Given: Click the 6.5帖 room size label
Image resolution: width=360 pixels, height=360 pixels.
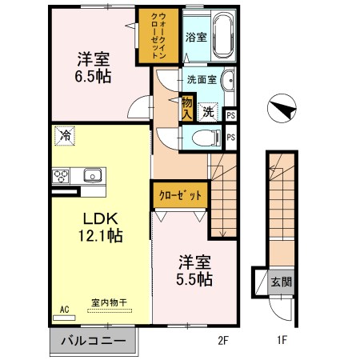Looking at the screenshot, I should point(94,77).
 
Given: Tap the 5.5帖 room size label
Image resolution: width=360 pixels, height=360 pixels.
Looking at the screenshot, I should point(194,279).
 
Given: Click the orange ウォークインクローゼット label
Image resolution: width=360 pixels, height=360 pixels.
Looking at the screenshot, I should point(158,35).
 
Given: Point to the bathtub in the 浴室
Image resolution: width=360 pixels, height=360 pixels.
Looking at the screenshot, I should point(218,35).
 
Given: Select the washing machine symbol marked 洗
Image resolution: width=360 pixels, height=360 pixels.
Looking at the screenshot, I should point(207,113).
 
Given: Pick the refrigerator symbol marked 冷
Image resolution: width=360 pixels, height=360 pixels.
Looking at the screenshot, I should point(63,137).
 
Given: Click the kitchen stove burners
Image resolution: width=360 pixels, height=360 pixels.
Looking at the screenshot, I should point(62,175).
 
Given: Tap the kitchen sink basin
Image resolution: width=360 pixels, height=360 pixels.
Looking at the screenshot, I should point(92,174).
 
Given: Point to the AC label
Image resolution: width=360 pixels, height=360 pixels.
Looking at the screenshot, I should point(64,308).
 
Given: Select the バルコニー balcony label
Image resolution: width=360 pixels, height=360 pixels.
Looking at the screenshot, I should point(93,341).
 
